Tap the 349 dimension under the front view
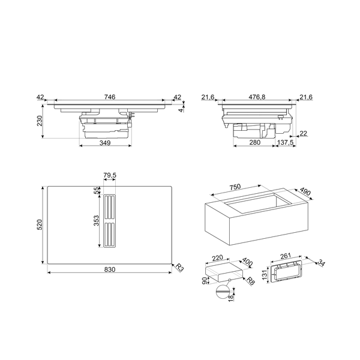[104, 143]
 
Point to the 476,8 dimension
[254, 97]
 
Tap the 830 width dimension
[109, 269]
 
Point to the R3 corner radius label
[179, 268]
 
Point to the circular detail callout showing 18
[223, 293]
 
